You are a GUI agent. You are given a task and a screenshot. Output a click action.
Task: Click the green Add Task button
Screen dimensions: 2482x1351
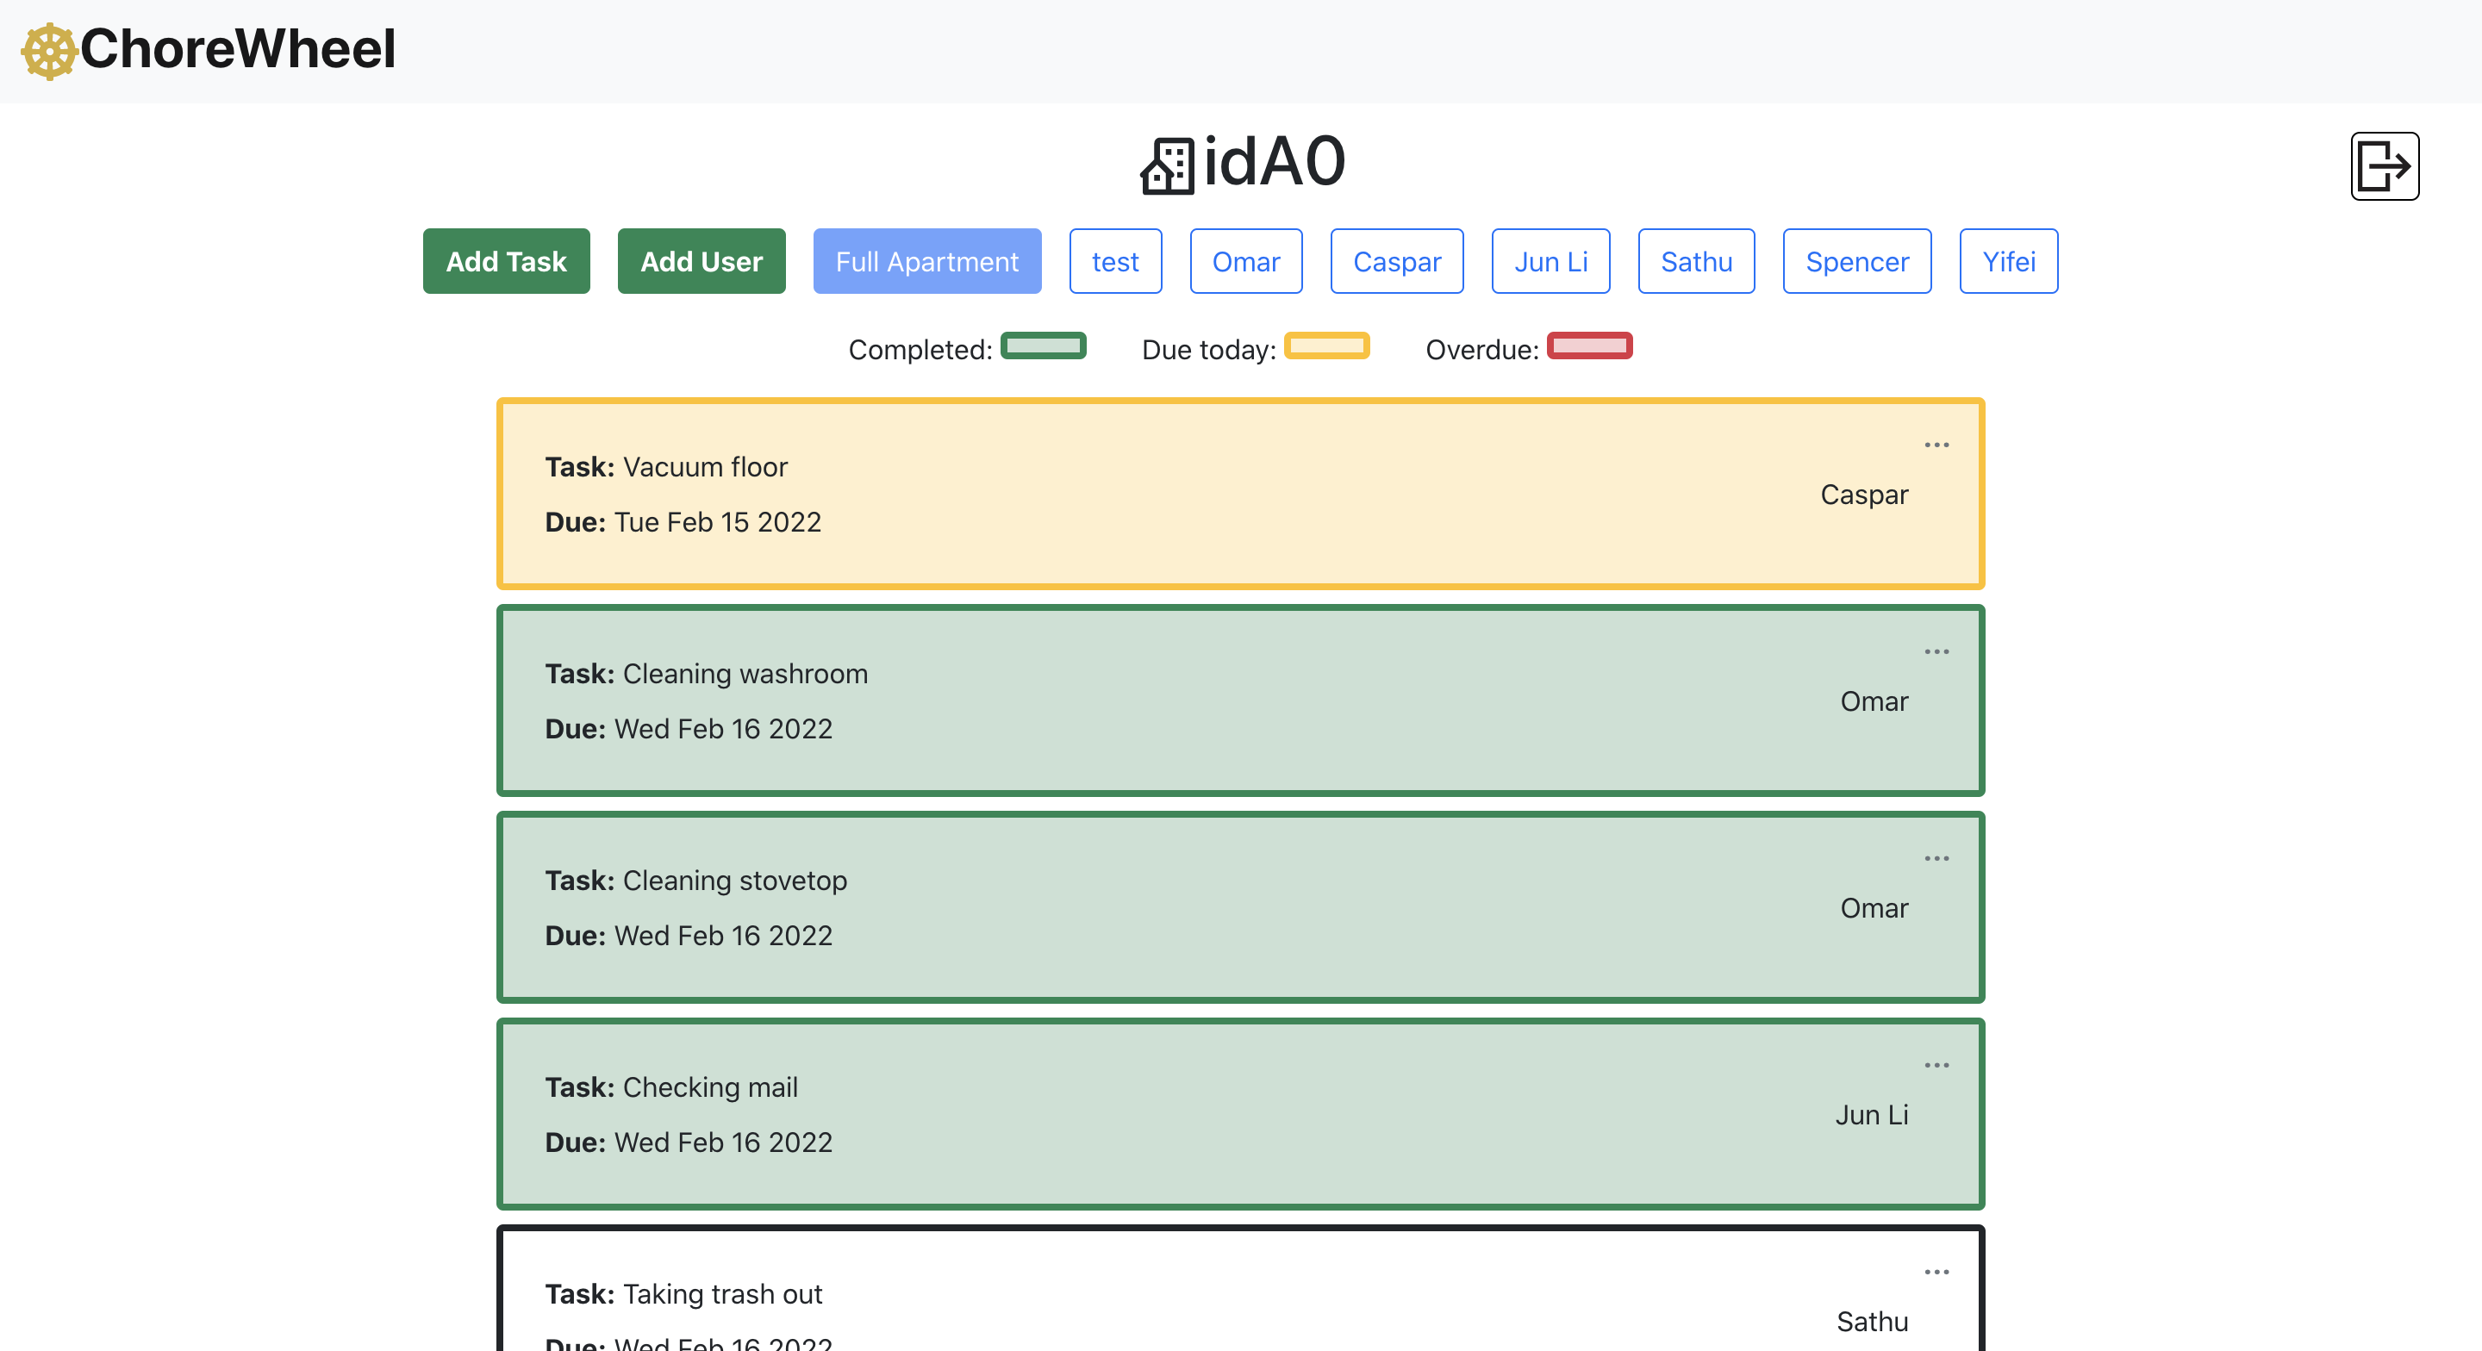(506, 261)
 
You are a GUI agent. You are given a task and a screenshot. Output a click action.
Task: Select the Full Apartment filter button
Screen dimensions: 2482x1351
(927, 261)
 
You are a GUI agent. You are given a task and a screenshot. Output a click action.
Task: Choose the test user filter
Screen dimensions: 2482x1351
(1115, 261)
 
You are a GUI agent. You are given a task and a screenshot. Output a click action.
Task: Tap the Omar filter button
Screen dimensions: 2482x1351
(1246, 261)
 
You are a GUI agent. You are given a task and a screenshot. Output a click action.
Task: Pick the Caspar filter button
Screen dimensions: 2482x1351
(1397, 261)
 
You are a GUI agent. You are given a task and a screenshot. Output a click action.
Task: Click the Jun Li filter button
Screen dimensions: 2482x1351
(1550, 261)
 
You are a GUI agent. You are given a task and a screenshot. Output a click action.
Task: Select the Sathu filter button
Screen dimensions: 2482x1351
(1696, 261)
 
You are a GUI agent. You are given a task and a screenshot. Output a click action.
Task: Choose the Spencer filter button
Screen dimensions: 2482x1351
(1856, 261)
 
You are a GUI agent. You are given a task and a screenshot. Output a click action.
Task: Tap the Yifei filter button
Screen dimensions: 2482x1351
(2009, 261)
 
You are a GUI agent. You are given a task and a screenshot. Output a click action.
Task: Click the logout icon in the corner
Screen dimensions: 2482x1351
(2385, 165)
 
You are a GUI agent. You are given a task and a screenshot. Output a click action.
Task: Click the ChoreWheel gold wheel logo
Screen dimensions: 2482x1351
(49, 51)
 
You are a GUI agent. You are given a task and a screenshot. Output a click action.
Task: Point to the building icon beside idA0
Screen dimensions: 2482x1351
(1168, 165)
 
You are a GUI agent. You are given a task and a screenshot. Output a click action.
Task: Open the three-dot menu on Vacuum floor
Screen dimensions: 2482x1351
(1936, 445)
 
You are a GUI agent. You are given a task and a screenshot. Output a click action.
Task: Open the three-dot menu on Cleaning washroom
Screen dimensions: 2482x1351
(1936, 651)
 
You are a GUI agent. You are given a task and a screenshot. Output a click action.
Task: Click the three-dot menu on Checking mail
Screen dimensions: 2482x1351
(1936, 1066)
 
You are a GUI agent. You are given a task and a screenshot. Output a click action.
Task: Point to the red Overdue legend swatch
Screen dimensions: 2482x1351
(1590, 345)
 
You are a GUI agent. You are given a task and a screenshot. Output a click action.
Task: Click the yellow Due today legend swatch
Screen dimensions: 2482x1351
(1327, 345)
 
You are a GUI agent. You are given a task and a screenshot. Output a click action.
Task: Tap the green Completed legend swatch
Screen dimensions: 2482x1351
(1044, 345)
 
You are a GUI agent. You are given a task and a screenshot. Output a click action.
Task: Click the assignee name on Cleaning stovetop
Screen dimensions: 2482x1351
(1874, 908)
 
